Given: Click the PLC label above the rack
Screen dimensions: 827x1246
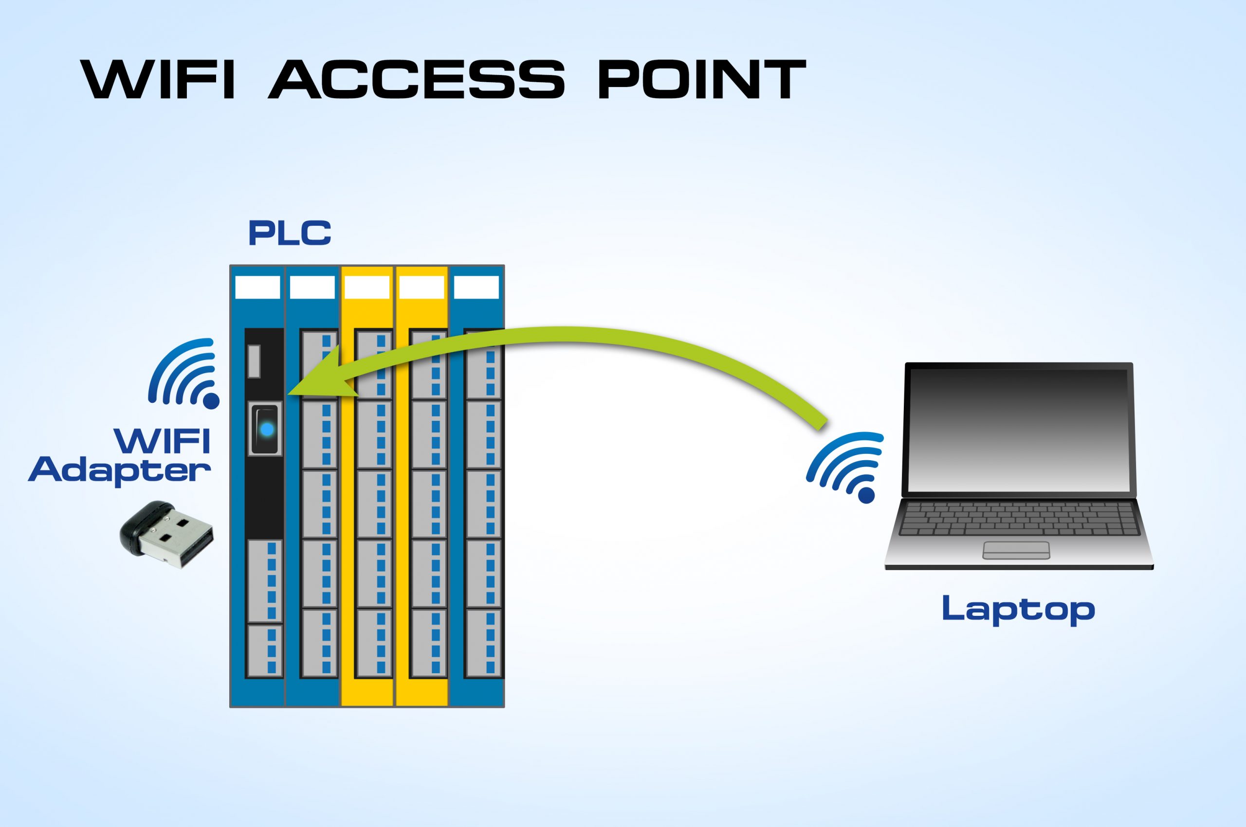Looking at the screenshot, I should (x=289, y=233).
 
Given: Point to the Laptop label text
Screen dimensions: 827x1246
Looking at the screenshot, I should (x=1018, y=609).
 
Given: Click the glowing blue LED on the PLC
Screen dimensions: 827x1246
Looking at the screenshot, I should (x=267, y=430).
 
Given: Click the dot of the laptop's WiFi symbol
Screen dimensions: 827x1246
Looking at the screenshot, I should (x=866, y=495).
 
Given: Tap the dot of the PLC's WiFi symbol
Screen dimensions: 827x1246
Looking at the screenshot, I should (x=211, y=400).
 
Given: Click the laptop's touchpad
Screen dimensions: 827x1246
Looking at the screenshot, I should (x=1016, y=550).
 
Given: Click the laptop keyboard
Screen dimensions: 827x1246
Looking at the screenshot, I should (x=1019, y=519).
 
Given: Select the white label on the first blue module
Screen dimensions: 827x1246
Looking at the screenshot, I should (x=257, y=288).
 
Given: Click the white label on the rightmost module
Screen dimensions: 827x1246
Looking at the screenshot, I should (x=476, y=288).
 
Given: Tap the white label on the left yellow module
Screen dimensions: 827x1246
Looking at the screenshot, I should (x=367, y=288).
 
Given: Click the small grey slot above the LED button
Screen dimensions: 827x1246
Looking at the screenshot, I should (x=254, y=361).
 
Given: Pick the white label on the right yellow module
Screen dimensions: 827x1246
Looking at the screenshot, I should (x=421, y=288).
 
